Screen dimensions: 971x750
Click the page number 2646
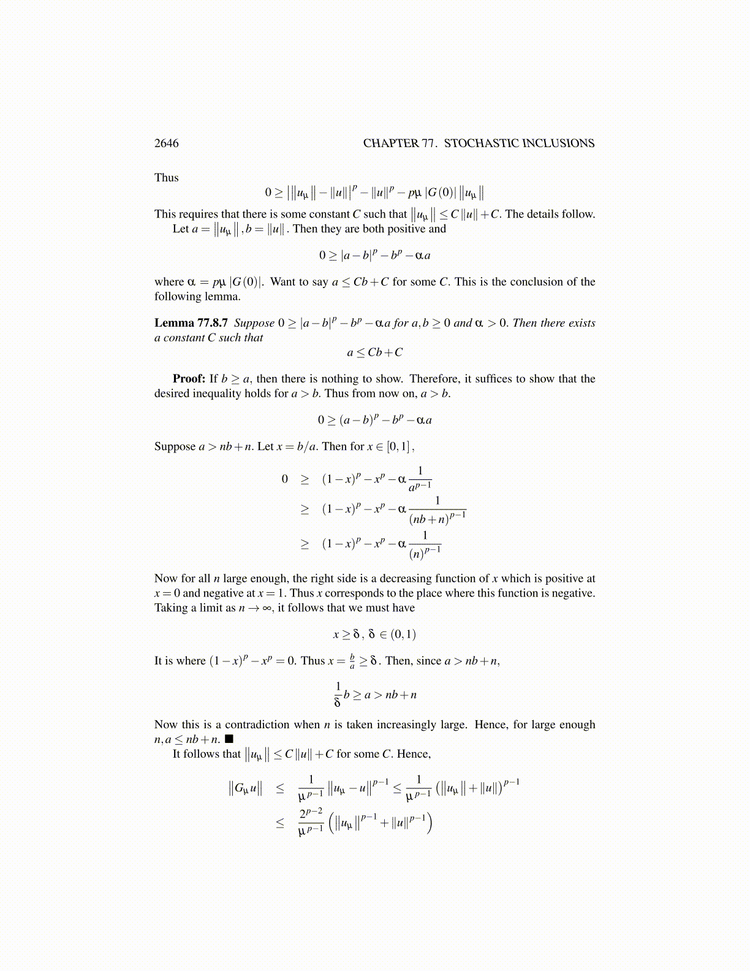(x=166, y=143)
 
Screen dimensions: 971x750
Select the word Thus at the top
(x=166, y=178)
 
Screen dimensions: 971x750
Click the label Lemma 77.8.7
(x=191, y=323)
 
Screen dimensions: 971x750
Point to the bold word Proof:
(x=189, y=379)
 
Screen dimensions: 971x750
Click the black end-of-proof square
(x=229, y=739)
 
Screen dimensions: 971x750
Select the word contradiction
(x=258, y=725)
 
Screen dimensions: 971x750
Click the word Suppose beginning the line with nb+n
(x=175, y=447)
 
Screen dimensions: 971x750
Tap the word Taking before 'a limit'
(x=170, y=608)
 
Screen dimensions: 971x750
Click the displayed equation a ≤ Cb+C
(x=374, y=352)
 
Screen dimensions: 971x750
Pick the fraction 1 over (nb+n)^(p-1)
(x=438, y=510)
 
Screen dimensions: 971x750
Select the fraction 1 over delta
(x=337, y=695)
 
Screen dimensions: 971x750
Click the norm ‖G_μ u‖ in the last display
(x=246, y=788)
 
